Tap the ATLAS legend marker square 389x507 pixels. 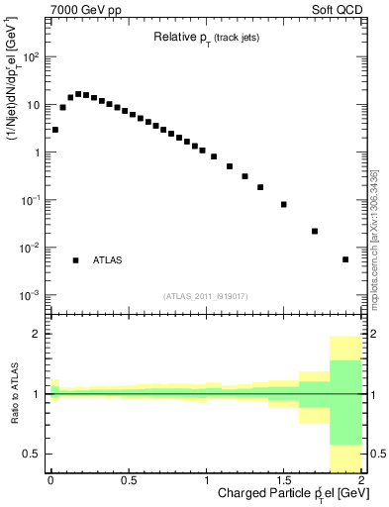click(75, 260)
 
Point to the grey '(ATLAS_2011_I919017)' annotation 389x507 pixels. click(205, 295)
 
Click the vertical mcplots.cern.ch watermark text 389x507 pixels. click(374, 238)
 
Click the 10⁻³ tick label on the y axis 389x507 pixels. click(30, 295)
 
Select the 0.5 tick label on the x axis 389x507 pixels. click(128, 480)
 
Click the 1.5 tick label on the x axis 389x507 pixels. click(283, 480)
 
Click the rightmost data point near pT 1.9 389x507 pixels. click(345, 259)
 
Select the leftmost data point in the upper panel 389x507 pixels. click(55, 130)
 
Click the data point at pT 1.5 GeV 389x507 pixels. click(283, 205)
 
